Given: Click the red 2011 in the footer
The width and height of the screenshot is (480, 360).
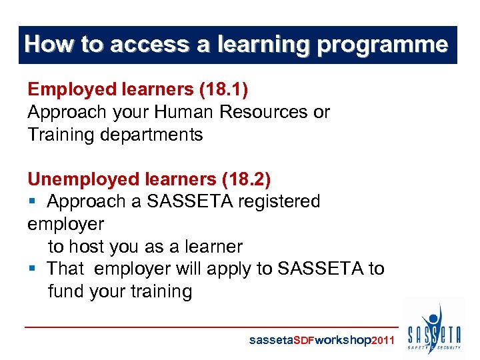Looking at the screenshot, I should [x=383, y=341].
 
